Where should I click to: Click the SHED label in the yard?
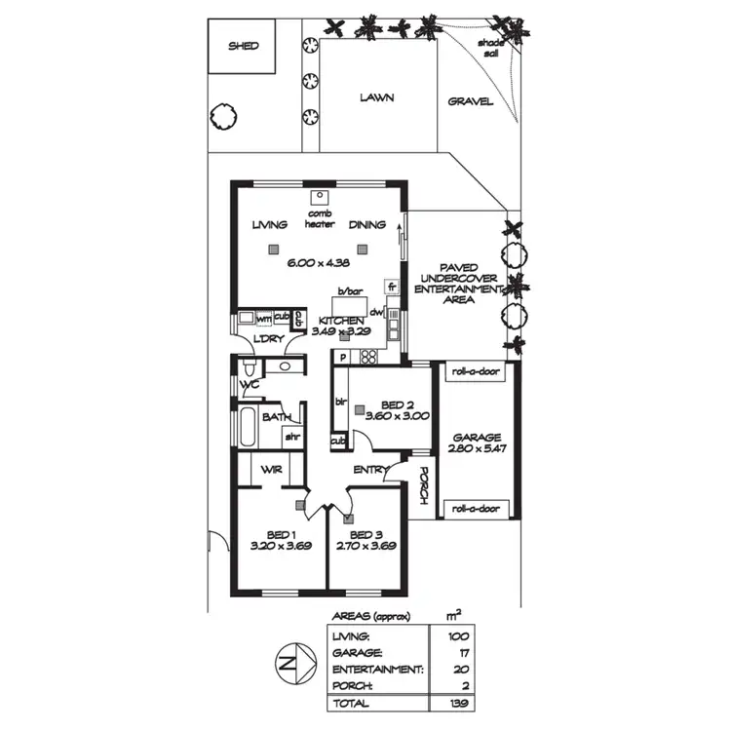243,45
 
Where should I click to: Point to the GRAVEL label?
471,101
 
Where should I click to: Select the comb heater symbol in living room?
319,193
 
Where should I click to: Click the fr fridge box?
392,288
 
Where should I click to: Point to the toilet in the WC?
250,368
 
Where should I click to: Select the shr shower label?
291,438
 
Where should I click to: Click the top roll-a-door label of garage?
476,370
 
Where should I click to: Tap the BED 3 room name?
365,535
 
